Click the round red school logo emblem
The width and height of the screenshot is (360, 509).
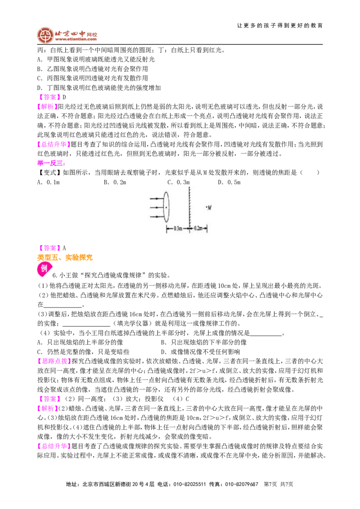(45, 35)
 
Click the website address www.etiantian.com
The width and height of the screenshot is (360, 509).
(76, 39)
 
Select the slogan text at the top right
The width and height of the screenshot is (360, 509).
(279, 25)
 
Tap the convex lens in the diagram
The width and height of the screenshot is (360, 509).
(166, 207)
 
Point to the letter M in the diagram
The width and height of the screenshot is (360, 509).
(209, 207)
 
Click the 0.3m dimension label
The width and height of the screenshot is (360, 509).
(177, 228)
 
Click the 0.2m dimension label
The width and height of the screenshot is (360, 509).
(198, 228)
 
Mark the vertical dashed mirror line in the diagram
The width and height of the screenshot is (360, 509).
(189, 210)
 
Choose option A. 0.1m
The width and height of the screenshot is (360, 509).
(49, 182)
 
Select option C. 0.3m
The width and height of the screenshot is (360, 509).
(178, 182)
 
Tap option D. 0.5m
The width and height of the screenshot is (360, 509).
(229, 182)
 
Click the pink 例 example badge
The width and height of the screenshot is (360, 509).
(44, 269)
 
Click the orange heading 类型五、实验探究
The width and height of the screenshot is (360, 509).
(65, 257)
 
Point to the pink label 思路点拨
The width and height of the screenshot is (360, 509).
(53, 361)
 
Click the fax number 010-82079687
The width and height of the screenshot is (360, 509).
(241, 484)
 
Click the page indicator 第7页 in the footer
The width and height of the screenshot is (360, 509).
(270, 484)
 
